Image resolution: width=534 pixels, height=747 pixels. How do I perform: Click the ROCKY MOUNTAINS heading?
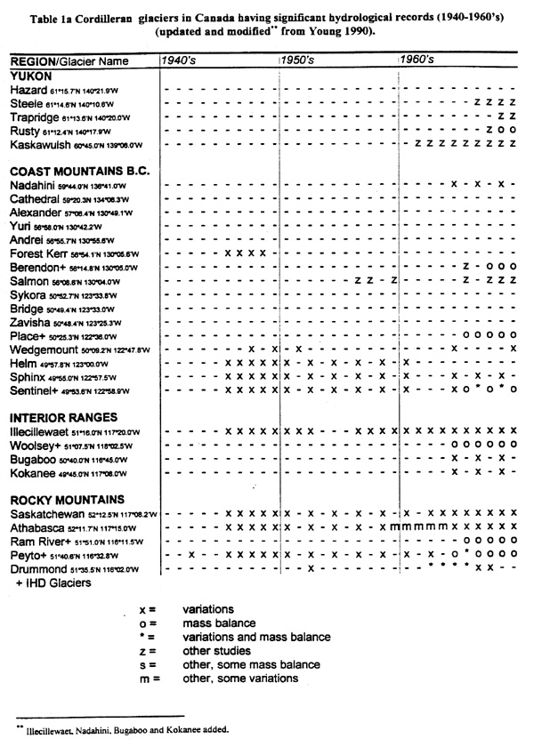click(x=66, y=499)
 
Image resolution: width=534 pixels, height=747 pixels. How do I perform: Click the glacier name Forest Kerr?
click(x=42, y=253)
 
